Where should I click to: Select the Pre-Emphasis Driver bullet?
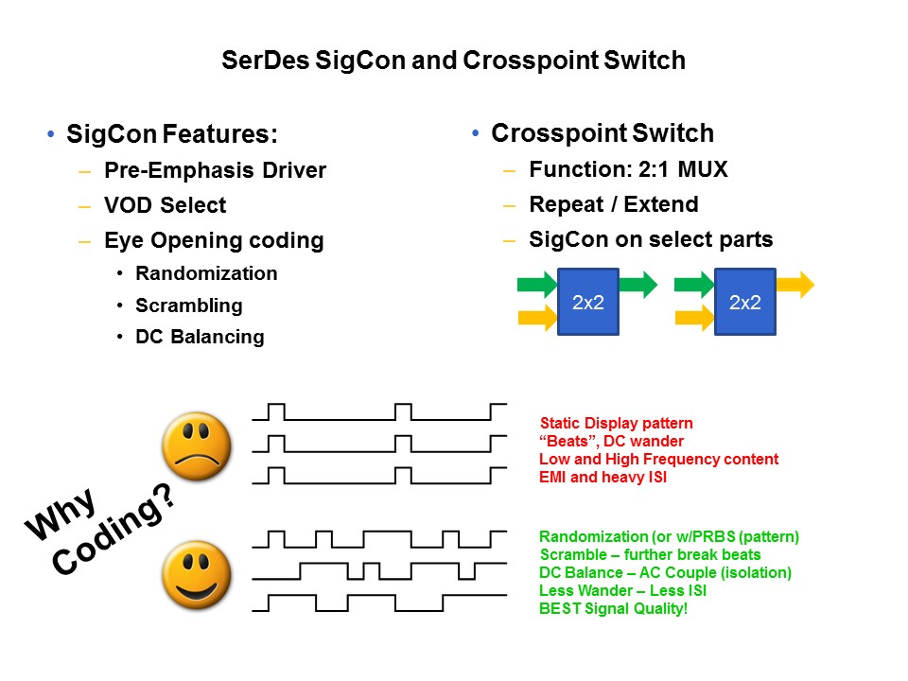(215, 170)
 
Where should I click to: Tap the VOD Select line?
(166, 205)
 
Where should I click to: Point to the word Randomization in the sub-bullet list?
(206, 273)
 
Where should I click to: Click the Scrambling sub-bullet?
(189, 306)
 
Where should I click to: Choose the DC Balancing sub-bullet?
(200, 337)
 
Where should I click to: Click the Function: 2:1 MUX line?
(628, 170)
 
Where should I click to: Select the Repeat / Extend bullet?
(613, 205)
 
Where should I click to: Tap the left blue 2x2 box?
(588, 302)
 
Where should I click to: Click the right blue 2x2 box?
(744, 302)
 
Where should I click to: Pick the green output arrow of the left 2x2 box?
(638, 284)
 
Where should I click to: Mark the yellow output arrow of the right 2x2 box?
(794, 284)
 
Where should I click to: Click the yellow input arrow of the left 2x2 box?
(537, 319)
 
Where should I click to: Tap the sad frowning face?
(197, 445)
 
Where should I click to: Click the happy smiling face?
(197, 573)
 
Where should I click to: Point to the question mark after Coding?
(163, 499)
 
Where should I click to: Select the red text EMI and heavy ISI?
(602, 477)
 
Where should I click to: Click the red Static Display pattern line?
(616, 423)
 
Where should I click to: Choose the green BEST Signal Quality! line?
(613, 608)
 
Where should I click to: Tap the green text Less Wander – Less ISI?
(622, 590)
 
